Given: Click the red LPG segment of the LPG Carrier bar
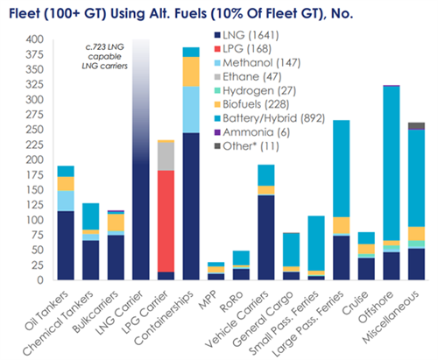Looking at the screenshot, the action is (x=166, y=221).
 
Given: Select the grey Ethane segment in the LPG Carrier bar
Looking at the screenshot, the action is (x=166, y=156).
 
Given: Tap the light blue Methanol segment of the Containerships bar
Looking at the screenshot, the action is (x=191, y=109).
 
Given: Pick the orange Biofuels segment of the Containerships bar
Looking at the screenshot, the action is (x=191, y=72).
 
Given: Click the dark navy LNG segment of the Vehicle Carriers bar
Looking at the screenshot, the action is (x=266, y=237).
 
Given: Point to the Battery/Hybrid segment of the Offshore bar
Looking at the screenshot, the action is (x=392, y=164).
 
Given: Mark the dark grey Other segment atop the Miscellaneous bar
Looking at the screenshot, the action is (x=416, y=125).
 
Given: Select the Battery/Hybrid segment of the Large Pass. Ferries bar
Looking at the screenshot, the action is (x=342, y=168).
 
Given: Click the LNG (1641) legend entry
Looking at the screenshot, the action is (x=247, y=35).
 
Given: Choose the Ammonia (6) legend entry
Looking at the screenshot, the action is (x=252, y=132).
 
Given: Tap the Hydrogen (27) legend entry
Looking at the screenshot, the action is (x=255, y=90).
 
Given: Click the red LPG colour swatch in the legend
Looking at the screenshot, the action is (x=217, y=49).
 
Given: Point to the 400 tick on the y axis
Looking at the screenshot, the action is (x=35, y=39).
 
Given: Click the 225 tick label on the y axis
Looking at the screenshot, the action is (x=35, y=145).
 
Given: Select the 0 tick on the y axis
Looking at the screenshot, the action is (x=40, y=280).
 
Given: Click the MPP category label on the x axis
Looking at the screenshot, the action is (x=208, y=300).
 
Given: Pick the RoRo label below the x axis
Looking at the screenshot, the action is (x=232, y=302).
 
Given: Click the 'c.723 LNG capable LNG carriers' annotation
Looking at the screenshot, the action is (x=104, y=56).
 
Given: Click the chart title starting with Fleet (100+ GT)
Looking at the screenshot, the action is (x=181, y=13).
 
